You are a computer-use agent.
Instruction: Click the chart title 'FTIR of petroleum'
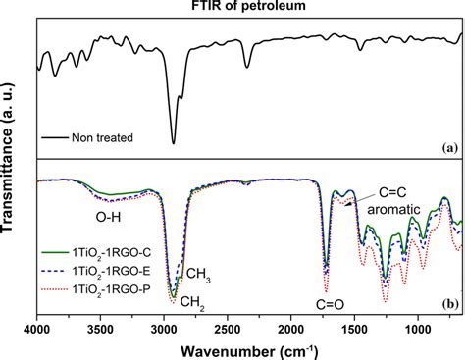[247, 8]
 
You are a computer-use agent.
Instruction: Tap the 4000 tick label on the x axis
[36, 327]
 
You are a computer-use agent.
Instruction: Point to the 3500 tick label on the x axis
[100, 327]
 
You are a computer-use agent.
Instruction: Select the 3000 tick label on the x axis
[164, 327]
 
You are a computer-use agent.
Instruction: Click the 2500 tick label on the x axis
[228, 327]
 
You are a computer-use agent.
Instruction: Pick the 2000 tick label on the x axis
[291, 327]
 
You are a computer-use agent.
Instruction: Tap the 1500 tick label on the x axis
[355, 327]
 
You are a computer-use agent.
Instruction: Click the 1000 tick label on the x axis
[419, 327]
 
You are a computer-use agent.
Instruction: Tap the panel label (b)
[448, 305]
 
